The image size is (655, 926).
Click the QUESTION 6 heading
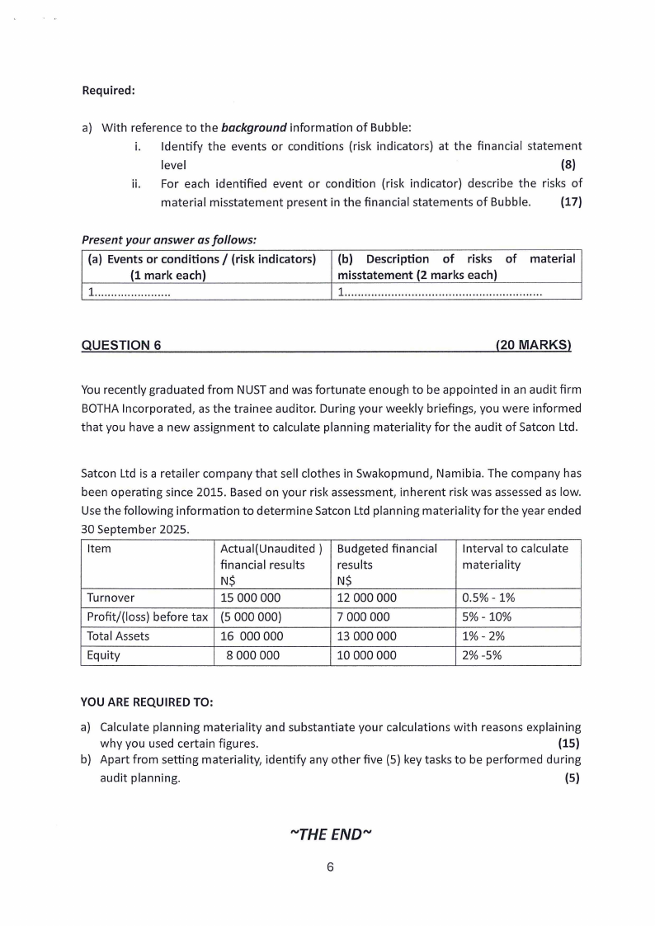click(121, 346)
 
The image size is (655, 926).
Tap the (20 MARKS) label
click(534, 346)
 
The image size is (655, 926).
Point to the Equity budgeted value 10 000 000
click(367, 656)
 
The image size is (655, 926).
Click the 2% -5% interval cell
click(483, 656)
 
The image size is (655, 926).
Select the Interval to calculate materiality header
click(515, 556)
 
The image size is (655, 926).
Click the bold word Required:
click(108, 90)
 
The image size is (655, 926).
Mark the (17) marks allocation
click(571, 201)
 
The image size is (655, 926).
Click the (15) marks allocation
click(569, 742)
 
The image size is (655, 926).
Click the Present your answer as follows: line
click(169, 240)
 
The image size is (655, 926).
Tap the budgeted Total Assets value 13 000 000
click(367, 636)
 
